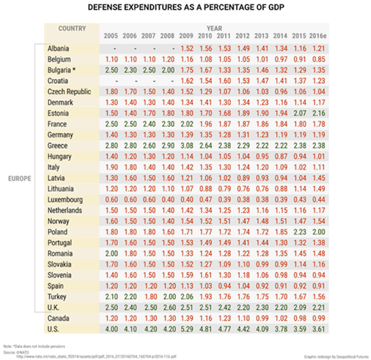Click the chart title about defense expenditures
(x=185, y=8)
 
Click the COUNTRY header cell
(x=72, y=28)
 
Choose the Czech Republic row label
(x=69, y=91)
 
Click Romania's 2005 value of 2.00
(x=111, y=253)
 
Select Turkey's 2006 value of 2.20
(x=130, y=296)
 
